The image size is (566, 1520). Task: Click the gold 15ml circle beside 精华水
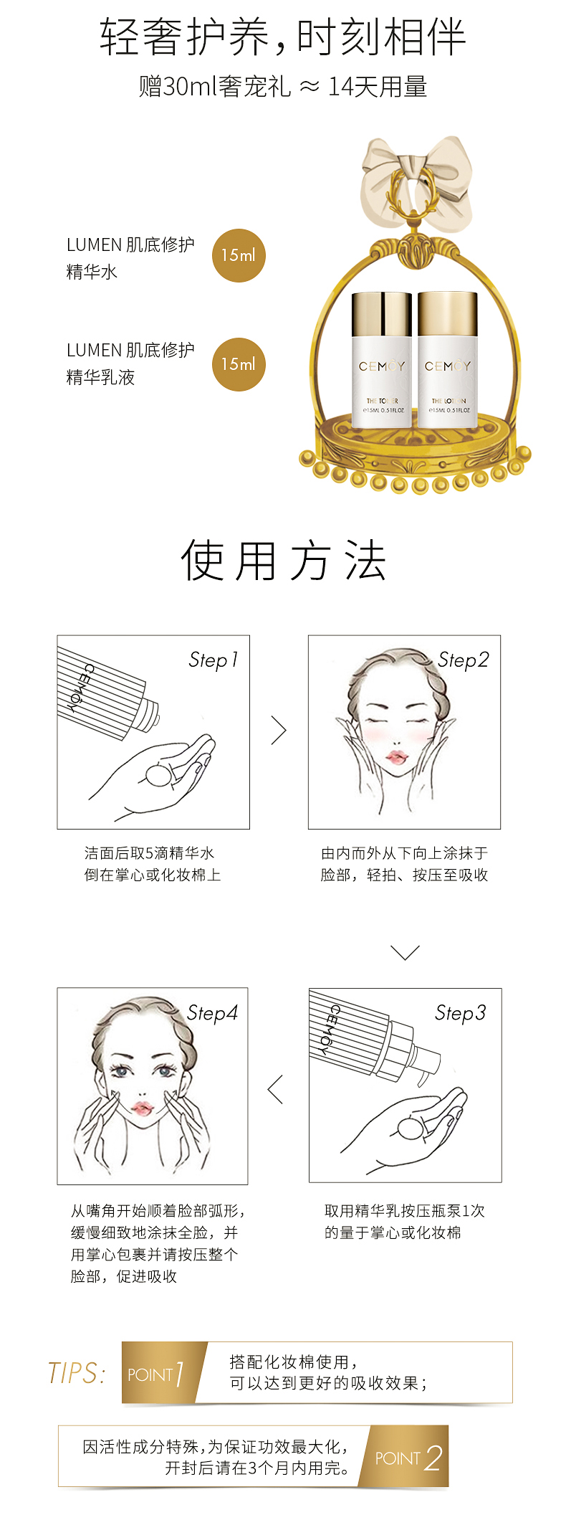(239, 255)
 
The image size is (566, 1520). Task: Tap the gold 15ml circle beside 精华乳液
(239, 364)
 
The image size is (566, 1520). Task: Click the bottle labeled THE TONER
(382, 359)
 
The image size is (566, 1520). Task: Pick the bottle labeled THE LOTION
(448, 359)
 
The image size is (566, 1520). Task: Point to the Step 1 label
(213, 660)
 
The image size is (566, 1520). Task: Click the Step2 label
(464, 660)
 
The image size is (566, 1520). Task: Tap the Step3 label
(461, 1012)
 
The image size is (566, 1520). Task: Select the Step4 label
(212, 1012)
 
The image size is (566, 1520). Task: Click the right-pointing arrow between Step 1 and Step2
(279, 731)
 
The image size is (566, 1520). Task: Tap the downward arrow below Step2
(405, 952)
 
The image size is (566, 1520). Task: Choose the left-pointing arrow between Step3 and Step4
(275, 1089)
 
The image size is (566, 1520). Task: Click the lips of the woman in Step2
(395, 758)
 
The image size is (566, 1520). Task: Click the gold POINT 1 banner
(163, 1372)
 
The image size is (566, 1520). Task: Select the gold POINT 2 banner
(406, 1456)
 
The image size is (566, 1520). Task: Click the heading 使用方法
(284, 561)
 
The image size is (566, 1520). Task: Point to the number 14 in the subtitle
(340, 87)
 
